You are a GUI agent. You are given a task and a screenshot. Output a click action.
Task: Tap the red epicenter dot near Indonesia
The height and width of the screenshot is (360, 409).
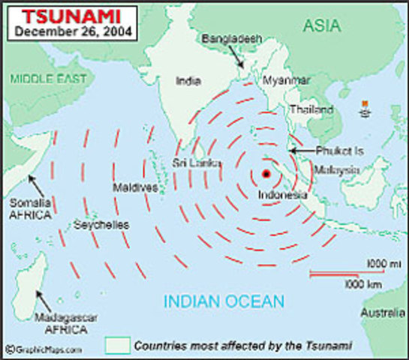(x=266, y=174)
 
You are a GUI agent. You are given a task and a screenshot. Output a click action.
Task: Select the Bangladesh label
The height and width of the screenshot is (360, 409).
(x=225, y=37)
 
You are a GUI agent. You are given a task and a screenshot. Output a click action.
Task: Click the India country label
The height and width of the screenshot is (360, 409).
(x=188, y=80)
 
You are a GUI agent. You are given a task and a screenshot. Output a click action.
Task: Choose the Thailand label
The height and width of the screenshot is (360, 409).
(x=312, y=109)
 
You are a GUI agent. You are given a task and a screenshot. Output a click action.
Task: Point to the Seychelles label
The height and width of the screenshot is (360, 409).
(x=102, y=224)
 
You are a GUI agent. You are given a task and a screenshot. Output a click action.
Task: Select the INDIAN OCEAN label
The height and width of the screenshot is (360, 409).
(x=224, y=302)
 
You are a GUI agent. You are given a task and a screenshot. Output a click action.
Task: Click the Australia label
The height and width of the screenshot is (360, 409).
(x=380, y=310)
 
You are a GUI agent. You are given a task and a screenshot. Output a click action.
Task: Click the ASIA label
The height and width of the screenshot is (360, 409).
(x=323, y=27)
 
